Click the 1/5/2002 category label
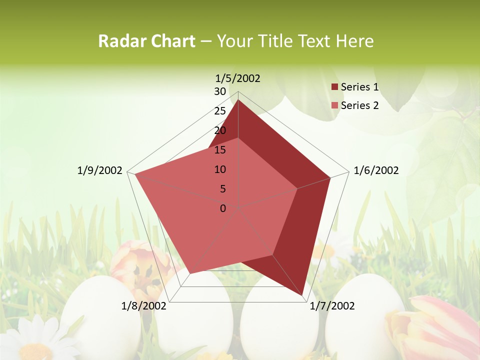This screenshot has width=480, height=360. point(237,78)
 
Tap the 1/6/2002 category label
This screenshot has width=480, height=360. point(376,170)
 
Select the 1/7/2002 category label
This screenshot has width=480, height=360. point(332,306)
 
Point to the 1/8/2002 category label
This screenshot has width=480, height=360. point(144,306)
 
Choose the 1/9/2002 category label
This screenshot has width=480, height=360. point(100,170)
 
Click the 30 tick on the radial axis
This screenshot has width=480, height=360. point(220,91)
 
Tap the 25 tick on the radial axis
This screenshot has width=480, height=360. point(220,111)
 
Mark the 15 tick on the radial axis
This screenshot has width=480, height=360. point(220,150)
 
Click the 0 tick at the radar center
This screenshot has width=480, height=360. point(223,208)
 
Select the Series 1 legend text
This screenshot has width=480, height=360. point(359,87)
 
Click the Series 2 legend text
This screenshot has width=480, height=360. point(359,105)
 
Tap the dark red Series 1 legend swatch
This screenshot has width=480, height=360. point(335,87)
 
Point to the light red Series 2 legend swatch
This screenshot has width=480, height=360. point(335,105)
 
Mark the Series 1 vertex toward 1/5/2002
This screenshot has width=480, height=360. point(238,100)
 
